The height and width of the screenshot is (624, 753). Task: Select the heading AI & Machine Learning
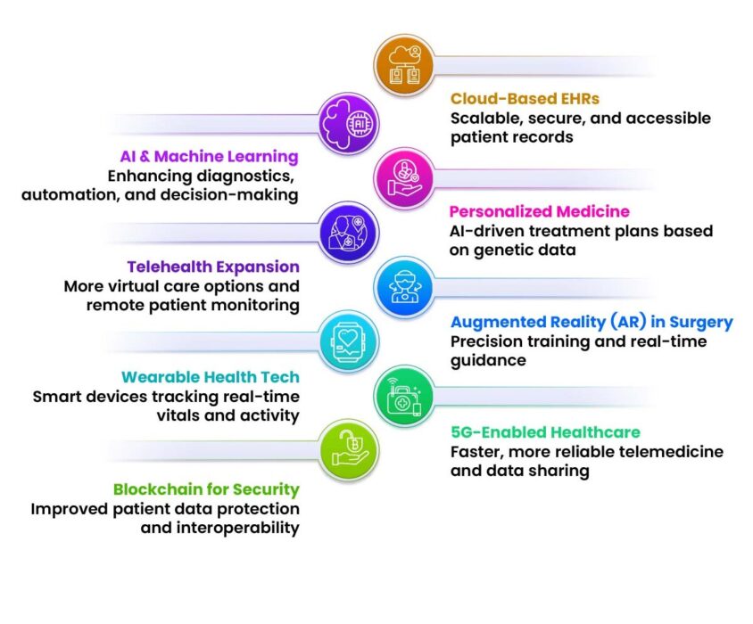210,156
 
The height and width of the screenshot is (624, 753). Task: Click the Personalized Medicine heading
540,211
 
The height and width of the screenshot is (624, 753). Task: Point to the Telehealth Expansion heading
213,267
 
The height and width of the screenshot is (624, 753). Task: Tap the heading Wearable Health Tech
211,377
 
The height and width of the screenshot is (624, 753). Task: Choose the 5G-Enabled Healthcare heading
545,432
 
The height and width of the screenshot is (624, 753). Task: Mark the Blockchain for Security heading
206,489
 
